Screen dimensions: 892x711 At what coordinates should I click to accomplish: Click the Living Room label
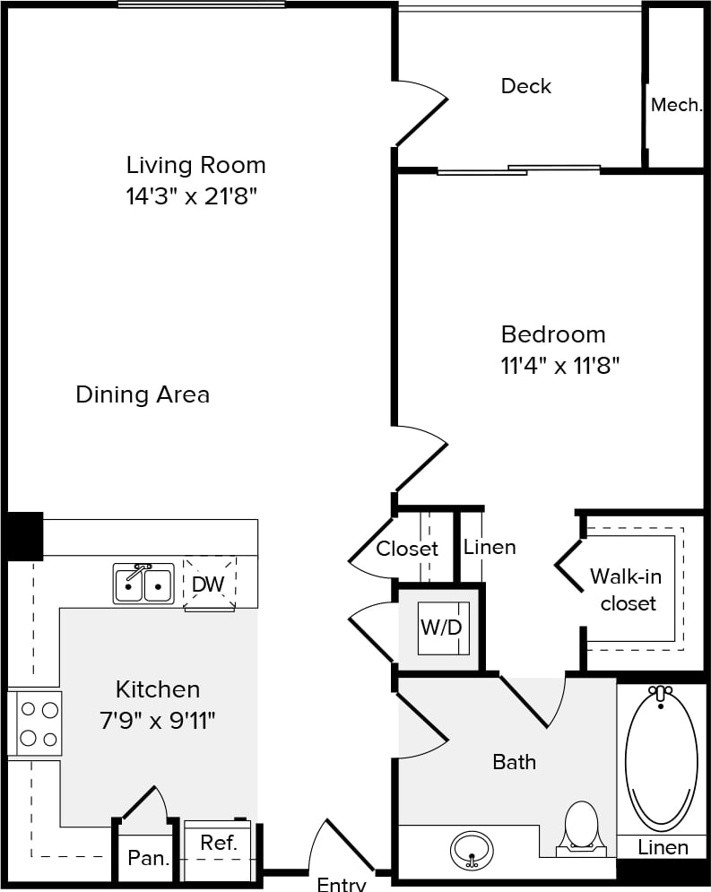tap(195, 165)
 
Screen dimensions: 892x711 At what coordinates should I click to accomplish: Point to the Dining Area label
tap(143, 394)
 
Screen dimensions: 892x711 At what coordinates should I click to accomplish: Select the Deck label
tap(526, 86)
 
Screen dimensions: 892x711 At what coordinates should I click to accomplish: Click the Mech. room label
tap(676, 105)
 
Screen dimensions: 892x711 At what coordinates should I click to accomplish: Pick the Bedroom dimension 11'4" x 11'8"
tap(560, 366)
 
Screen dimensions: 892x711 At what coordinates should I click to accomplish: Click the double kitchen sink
tap(143, 584)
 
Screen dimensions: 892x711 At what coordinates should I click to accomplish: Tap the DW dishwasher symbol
tap(209, 585)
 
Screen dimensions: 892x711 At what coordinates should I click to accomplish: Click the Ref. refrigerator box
tap(218, 844)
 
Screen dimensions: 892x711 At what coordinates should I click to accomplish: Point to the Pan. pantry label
tap(148, 858)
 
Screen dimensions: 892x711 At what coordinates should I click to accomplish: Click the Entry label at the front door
tap(342, 884)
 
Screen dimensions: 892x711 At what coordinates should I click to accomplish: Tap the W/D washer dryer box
tap(441, 628)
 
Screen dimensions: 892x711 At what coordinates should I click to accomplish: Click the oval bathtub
tap(662, 758)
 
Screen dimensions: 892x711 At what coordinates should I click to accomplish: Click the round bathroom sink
tap(472, 847)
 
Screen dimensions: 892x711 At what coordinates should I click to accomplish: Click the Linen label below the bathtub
tap(663, 847)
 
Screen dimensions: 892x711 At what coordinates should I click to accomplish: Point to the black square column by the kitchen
tap(24, 535)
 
